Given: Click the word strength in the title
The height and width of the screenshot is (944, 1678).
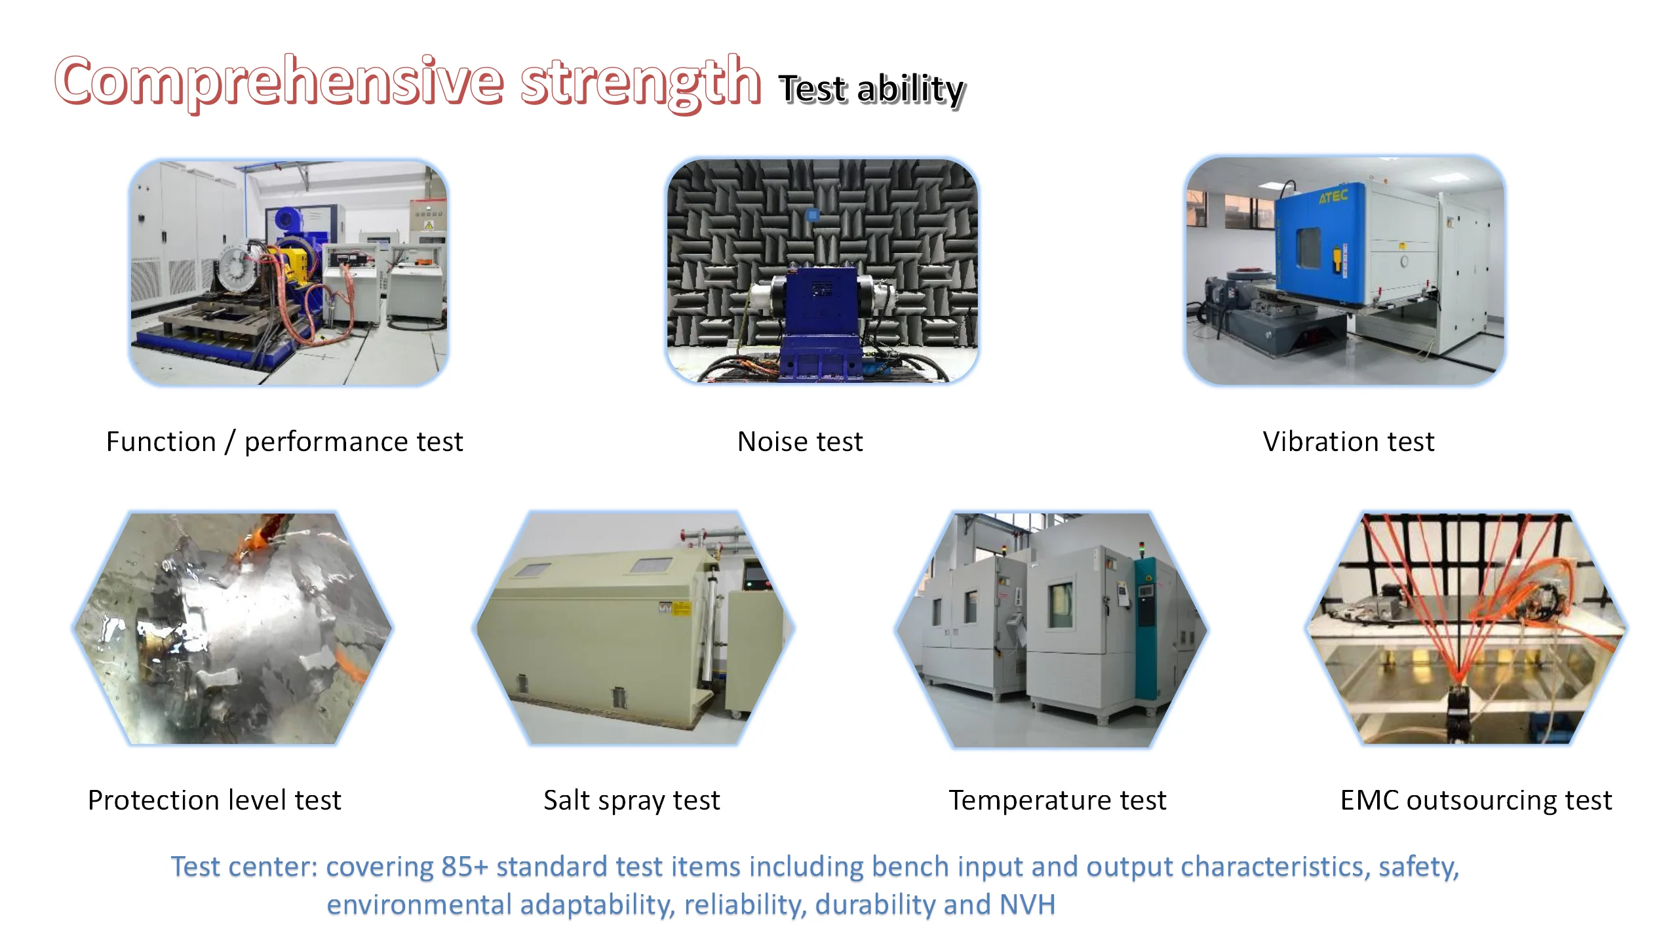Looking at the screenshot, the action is pyautogui.click(x=640, y=82).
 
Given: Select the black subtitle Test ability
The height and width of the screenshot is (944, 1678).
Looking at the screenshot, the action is pyautogui.click(x=871, y=89).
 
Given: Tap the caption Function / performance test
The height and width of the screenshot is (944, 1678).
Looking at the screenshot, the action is pyautogui.click(x=284, y=442).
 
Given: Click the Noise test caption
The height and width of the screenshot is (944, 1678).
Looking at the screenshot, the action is pyautogui.click(x=800, y=442).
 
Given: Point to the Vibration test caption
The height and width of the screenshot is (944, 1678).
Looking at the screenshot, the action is pyautogui.click(x=1348, y=442).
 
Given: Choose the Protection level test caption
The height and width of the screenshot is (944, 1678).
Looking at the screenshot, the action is pyautogui.click(x=214, y=800).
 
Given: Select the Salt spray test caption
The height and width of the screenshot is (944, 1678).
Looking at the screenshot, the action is pyautogui.click(x=632, y=800).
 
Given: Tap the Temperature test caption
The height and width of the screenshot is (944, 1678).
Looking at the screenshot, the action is pyautogui.click(x=1057, y=800).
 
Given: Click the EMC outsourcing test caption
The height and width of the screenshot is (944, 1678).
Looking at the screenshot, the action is pyautogui.click(x=1476, y=800).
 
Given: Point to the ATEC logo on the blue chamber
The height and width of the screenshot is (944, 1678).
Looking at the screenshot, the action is pyautogui.click(x=1333, y=195).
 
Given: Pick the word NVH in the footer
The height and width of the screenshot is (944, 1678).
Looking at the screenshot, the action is pyautogui.click(x=1027, y=905).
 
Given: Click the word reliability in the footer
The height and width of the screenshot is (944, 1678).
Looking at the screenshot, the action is pyautogui.click(x=745, y=905).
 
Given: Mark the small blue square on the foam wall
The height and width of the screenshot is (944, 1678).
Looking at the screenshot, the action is pyautogui.click(x=813, y=214).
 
